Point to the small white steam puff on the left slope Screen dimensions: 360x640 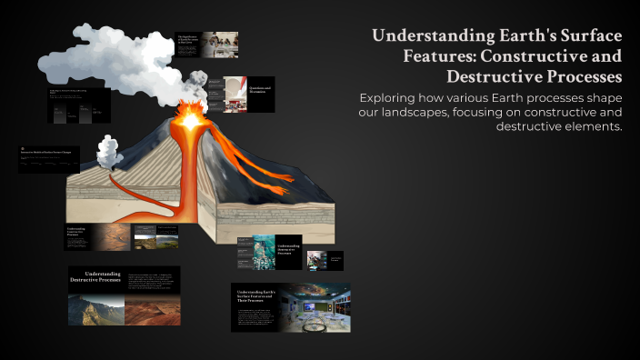click(x=108, y=152)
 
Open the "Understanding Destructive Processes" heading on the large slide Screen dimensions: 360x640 click(x=95, y=276)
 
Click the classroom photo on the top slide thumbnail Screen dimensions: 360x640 click(x=222, y=43)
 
